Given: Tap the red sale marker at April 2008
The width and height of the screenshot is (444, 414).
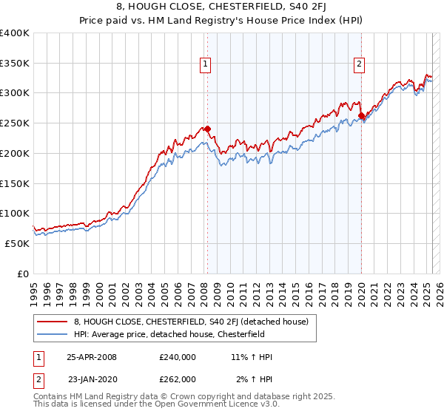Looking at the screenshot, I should point(207,129).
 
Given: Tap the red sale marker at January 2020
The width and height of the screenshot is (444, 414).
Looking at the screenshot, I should point(361,115).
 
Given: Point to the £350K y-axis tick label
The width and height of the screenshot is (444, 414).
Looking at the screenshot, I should point(15,64).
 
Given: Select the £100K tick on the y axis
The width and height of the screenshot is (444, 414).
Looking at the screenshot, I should point(15,214).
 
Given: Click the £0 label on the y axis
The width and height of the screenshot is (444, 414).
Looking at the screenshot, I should point(23,274).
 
